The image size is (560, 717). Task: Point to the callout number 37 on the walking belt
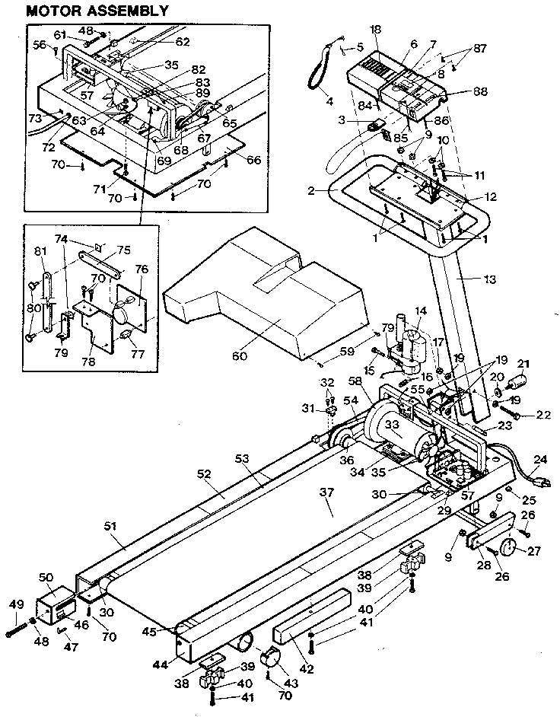pyautogui.click(x=326, y=493)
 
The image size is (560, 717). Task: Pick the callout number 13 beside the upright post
pyautogui.click(x=489, y=280)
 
